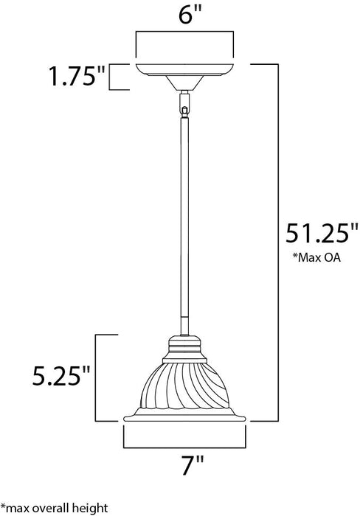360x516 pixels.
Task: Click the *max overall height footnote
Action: pyautogui.click(x=55, y=509)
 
